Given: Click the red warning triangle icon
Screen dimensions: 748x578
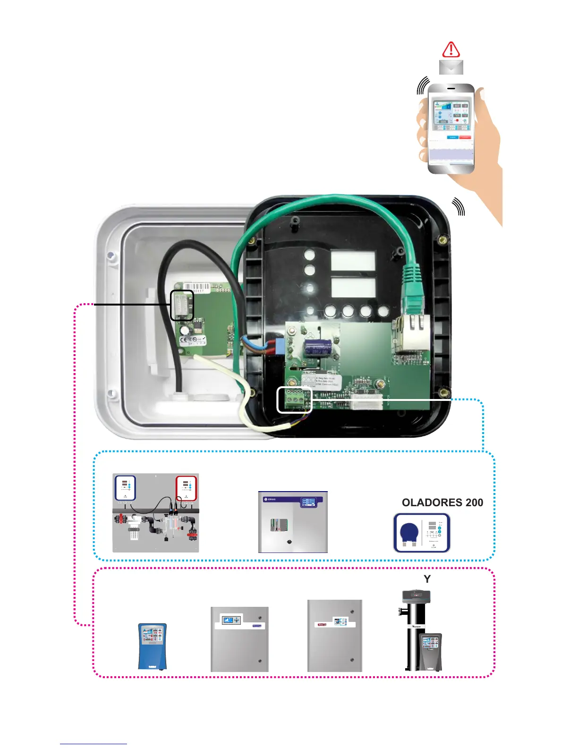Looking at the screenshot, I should pyautogui.click(x=451, y=50).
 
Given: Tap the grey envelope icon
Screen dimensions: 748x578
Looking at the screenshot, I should pyautogui.click(x=451, y=67).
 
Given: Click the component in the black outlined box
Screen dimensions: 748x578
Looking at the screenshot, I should pyautogui.click(x=182, y=306).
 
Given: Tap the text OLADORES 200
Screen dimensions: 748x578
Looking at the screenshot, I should pyautogui.click(x=442, y=502).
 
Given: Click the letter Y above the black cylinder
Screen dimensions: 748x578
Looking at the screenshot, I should pyautogui.click(x=427, y=579).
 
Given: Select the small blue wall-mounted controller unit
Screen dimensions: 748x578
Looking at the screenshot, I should pyautogui.click(x=152, y=646).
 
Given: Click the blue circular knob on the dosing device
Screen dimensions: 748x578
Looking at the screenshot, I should pyautogui.click(x=409, y=533).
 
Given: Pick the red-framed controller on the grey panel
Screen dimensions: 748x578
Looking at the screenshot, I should pyautogui.click(x=186, y=488).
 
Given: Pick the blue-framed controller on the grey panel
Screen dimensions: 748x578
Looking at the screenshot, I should pyautogui.click(x=125, y=488).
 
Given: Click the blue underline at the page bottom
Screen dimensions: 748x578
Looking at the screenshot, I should pyautogui.click(x=93, y=744).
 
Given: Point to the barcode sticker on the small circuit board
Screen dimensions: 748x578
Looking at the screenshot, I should pyautogui.click(x=194, y=287).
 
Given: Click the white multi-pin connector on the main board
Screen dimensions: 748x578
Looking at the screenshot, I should pyautogui.click(x=366, y=401).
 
